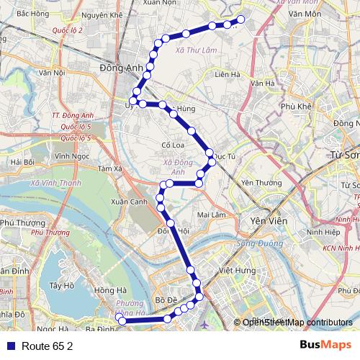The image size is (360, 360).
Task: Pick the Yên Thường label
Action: tap(261, 182)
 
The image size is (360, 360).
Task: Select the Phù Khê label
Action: tap(297, 105)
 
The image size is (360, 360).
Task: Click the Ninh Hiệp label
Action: tap(321, 233)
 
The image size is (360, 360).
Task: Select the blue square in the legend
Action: tap(9, 346)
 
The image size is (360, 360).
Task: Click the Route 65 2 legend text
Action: tap(48, 346)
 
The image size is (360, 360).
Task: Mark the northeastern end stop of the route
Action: tap(241, 19)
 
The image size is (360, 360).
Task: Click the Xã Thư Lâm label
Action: tap(190, 50)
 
